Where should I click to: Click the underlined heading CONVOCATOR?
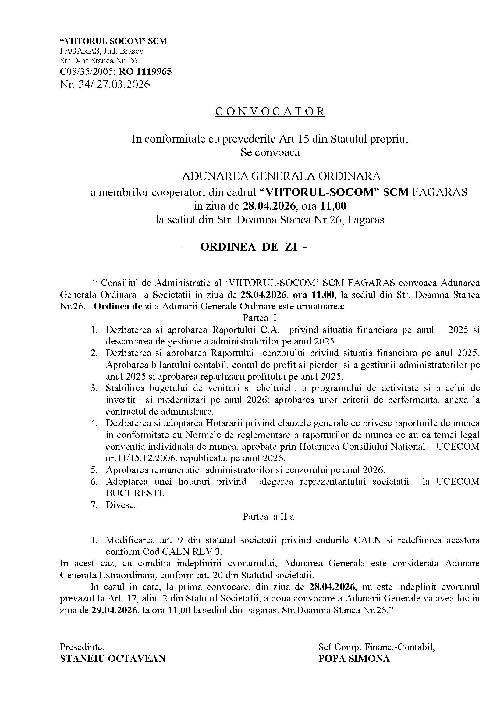pos(270,112)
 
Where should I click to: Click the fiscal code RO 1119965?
pos(145,72)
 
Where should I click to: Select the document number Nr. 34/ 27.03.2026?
pos(105,84)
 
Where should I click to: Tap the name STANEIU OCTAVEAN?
pos(113,658)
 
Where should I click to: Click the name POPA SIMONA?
pos(354,658)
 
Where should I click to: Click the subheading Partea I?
pos(260,318)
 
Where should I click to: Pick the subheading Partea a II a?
pos(268,516)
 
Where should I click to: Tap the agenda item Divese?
pos(121,505)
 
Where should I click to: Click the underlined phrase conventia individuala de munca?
pos(171,447)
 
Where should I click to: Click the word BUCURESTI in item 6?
pos(135,493)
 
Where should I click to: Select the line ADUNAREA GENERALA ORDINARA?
pos(281,176)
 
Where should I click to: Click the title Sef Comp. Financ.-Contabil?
pos(376,647)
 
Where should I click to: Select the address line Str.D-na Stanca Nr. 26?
pos(99,61)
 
